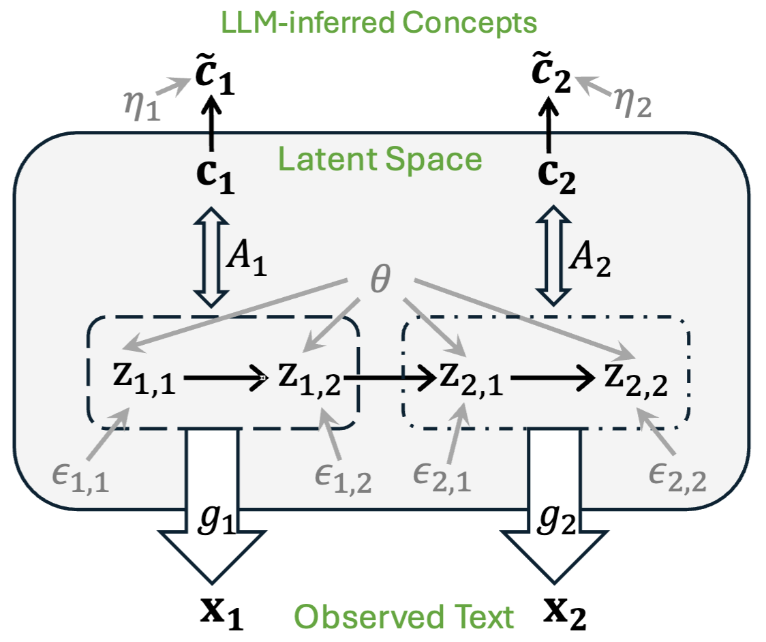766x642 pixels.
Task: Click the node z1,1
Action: point(144,379)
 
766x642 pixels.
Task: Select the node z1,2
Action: point(308,379)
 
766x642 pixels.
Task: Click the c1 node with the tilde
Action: point(213,77)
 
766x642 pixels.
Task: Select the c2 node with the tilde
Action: point(552,77)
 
